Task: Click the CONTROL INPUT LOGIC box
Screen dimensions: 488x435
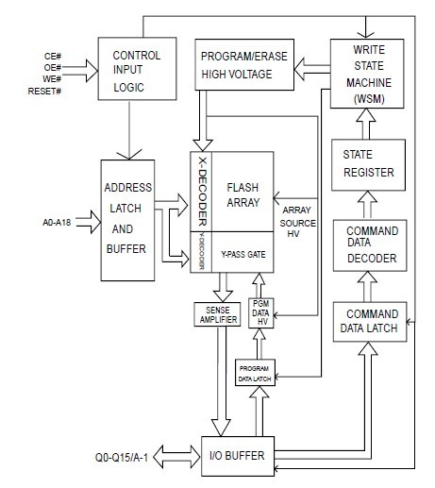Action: click(138, 69)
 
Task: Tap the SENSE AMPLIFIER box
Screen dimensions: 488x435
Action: click(218, 314)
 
